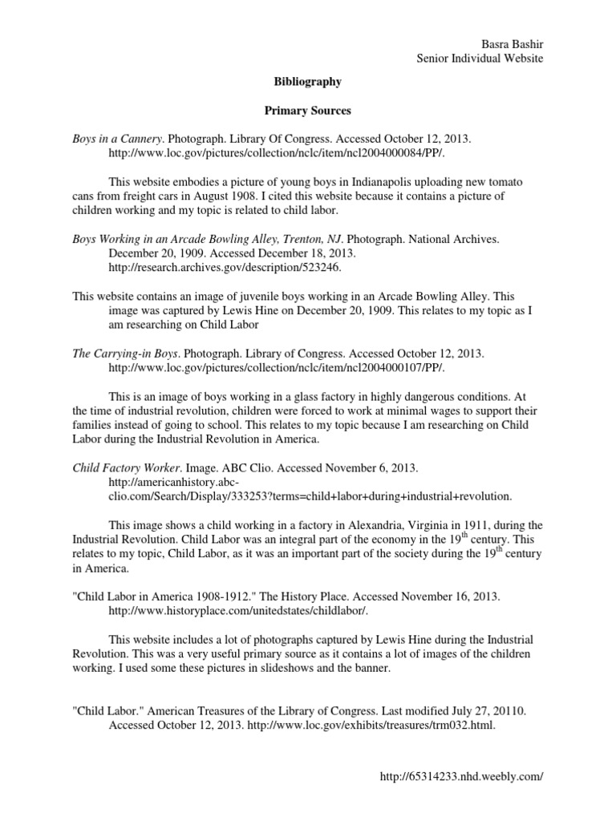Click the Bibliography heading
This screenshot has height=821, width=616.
point(308,82)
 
